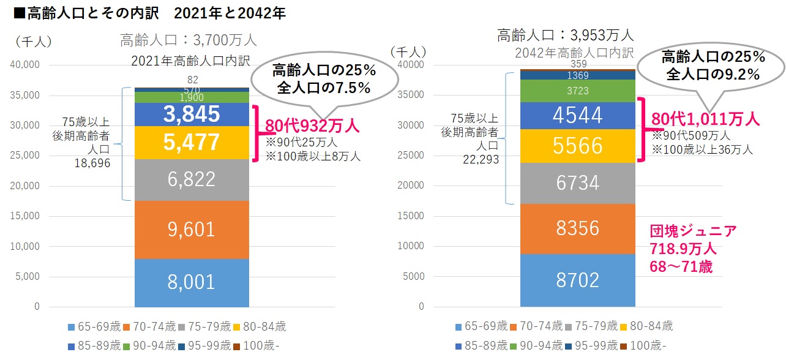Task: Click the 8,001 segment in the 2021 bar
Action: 192,282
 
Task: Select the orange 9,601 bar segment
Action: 192,229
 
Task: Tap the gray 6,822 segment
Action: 192,179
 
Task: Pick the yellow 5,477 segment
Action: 192,143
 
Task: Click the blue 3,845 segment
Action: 192,114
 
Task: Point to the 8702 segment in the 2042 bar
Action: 578,280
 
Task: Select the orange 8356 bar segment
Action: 578,228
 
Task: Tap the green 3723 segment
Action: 578,91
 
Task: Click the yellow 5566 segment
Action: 578,146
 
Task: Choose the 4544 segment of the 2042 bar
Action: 578,115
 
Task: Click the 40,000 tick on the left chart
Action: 26,65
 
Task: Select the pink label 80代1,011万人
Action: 705,119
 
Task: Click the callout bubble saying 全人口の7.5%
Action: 324,79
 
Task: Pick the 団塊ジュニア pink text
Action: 693,231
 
